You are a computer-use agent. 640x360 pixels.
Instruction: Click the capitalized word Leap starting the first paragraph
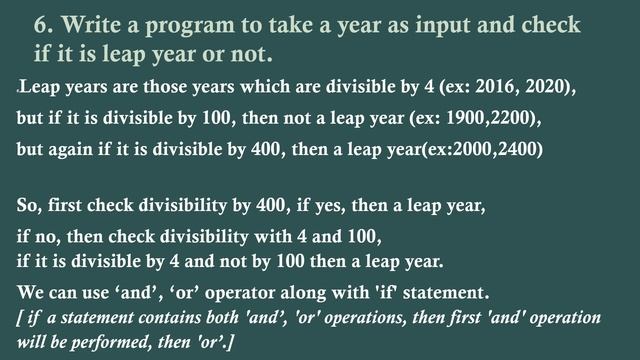[x=37, y=88]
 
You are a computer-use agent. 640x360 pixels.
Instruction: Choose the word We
[x=31, y=294]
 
